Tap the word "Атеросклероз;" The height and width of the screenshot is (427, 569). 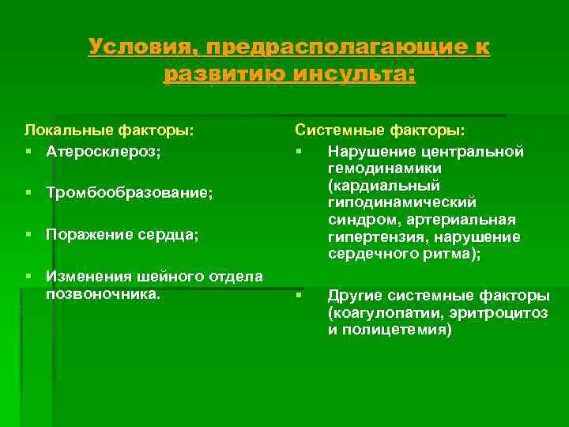[103, 150]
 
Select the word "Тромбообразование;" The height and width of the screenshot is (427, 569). [130, 192]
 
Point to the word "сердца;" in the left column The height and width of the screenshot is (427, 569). [171, 235]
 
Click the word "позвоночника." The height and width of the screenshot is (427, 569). [103, 293]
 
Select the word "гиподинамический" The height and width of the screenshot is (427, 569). [402, 203]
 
